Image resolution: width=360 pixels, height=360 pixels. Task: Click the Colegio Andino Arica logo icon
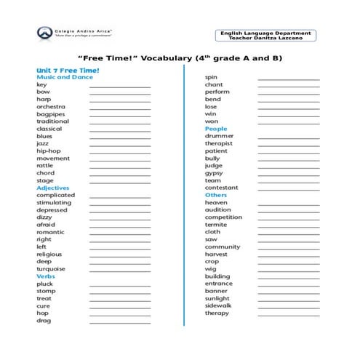point(44,33)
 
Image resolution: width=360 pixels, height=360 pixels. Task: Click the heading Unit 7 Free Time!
point(68,70)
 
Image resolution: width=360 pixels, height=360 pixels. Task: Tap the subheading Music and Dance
point(65,77)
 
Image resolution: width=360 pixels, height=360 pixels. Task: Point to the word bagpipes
point(52,114)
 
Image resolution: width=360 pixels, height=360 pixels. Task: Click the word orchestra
point(52,107)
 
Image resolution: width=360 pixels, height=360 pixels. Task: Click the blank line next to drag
point(120,321)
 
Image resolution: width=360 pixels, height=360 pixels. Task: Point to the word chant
point(214,84)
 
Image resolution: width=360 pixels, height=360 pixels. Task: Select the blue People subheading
point(216,129)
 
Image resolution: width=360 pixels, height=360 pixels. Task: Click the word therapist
point(218,143)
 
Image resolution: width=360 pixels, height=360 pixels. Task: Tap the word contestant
point(220,188)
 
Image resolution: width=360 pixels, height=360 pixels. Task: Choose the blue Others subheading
point(216,195)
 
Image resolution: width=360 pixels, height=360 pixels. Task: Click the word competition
point(223,217)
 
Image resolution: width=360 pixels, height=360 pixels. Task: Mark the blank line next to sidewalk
point(288,306)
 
